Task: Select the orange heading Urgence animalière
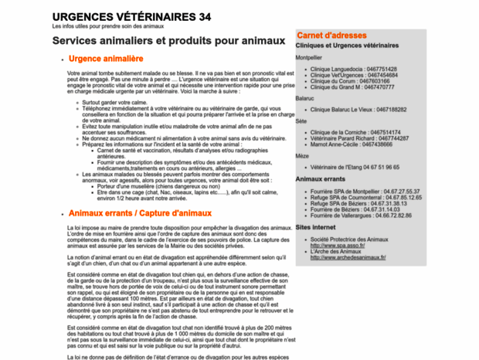(106, 59)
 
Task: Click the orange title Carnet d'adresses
(331, 36)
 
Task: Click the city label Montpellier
(308, 57)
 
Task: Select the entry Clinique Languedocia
(353, 69)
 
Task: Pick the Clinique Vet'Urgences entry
(355, 75)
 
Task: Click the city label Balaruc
(304, 99)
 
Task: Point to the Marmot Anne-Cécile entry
(351, 144)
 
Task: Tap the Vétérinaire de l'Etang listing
(355, 167)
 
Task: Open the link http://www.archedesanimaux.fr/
(348, 257)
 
